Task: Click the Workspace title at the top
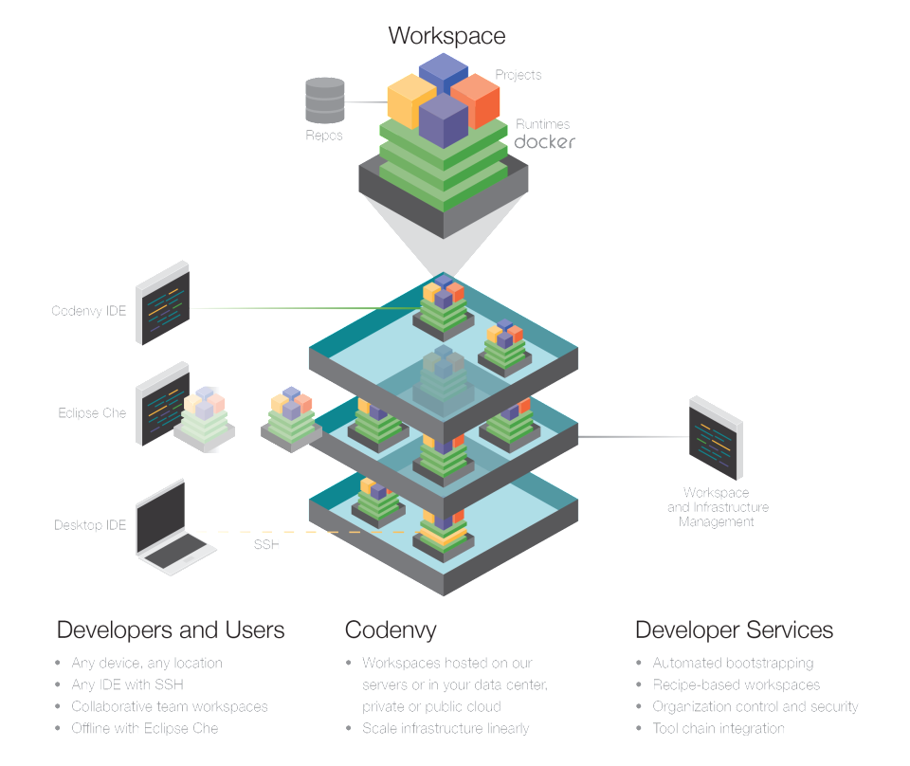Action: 446,36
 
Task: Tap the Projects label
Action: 519,75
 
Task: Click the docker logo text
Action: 544,142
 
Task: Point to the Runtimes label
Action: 543,124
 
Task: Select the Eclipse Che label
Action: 92,413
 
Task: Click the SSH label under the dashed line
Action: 266,545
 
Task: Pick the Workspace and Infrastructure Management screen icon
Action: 717,437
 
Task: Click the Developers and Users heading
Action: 171,630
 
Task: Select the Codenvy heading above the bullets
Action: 391,630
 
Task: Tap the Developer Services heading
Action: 734,630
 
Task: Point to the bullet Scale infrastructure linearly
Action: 446,728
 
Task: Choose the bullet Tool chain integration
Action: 718,728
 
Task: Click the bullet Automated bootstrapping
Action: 732,663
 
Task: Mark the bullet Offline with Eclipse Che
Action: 144,728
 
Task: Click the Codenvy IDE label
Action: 88,310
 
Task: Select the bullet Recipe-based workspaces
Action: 736,684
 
